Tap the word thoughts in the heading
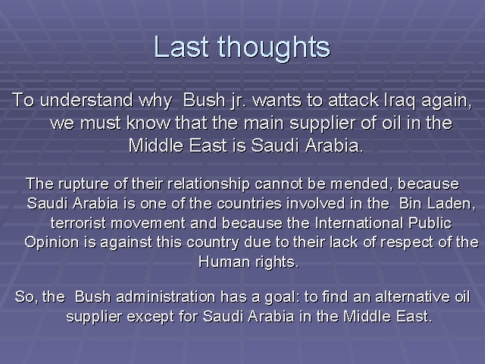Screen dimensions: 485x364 [274, 49]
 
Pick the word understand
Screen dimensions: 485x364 [86, 100]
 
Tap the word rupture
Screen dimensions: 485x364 [83, 184]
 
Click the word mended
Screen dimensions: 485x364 [361, 184]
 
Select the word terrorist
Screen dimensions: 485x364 [78, 223]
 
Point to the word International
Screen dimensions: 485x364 [358, 223]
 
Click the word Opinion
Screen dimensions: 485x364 [52, 243]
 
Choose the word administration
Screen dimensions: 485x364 [166, 297]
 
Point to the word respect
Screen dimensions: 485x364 [406, 243]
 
